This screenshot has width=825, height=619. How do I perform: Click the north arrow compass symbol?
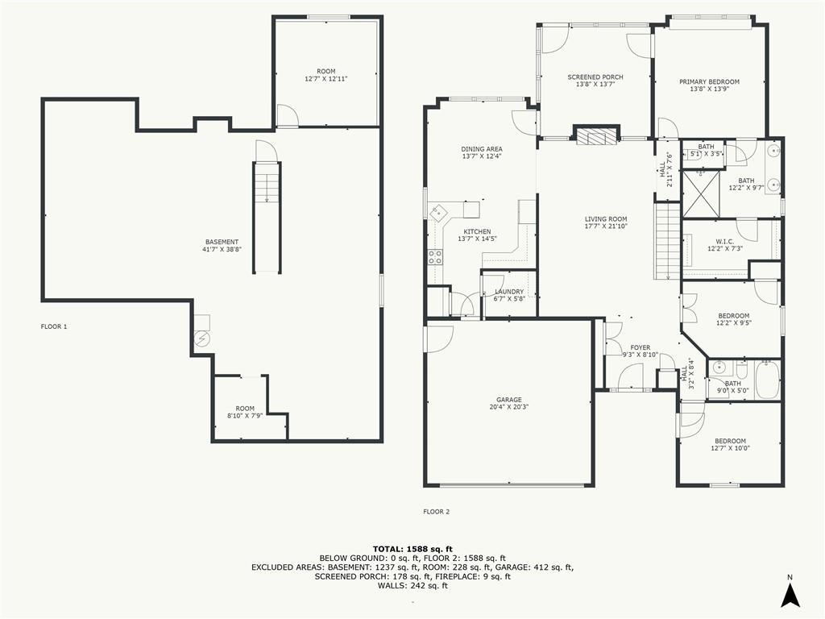(790, 596)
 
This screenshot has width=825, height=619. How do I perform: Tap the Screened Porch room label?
(595, 77)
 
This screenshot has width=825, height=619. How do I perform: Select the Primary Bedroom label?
(709, 81)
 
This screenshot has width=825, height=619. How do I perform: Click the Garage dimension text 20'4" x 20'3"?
(509, 407)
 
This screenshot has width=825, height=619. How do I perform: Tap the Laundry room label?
(509, 292)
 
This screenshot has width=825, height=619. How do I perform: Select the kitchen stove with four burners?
(434, 257)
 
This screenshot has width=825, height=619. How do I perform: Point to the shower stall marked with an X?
(702, 193)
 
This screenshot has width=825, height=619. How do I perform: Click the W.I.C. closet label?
(724, 241)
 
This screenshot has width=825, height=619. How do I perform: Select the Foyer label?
(640, 347)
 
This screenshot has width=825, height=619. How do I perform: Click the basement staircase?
(267, 218)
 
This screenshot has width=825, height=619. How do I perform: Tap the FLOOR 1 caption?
(54, 326)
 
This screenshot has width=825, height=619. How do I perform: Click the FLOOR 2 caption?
(436, 512)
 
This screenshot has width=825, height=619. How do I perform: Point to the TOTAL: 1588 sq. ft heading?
(412, 549)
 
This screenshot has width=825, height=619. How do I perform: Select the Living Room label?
(606, 219)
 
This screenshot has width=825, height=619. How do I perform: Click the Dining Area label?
(482, 149)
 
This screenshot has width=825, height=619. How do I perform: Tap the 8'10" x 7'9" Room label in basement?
(245, 409)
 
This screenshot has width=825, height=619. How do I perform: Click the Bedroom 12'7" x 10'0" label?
(730, 441)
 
